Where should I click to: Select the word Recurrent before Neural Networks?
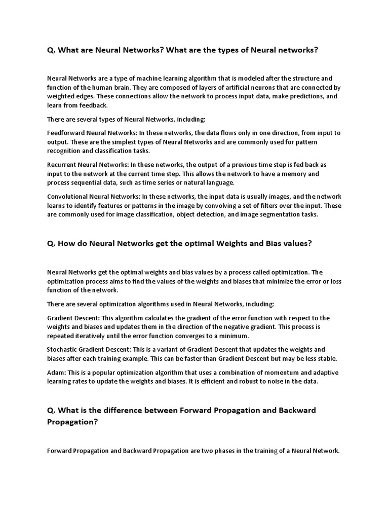(x=61, y=165)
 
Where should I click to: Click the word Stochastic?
(x=63, y=350)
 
